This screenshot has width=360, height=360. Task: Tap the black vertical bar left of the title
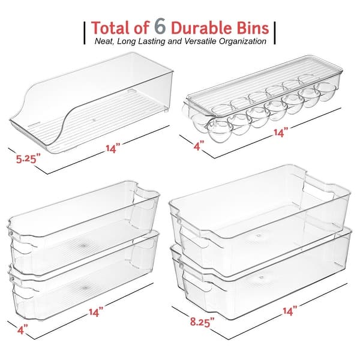(84, 33)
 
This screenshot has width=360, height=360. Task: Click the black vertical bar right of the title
(275, 33)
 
